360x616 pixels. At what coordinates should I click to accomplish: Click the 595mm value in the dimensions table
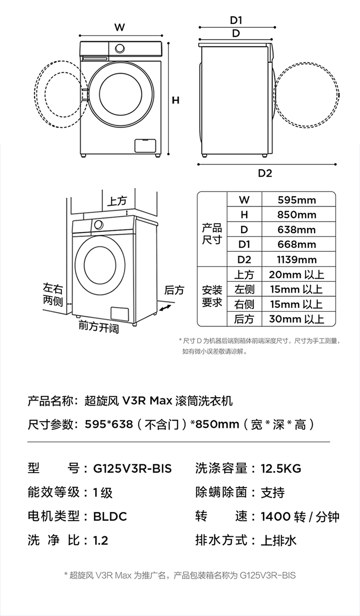pos(297,200)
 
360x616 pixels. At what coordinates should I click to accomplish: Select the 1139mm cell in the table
pos(297,260)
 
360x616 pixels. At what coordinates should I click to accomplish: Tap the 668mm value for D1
pos(297,245)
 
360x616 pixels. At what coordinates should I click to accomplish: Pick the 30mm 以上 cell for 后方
pos(297,319)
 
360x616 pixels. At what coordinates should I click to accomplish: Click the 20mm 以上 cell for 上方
pos(297,275)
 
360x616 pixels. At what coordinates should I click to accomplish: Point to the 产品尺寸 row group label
pos(212,234)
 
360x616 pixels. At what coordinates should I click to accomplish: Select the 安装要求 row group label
pos(212,296)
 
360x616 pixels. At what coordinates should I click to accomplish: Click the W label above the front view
pos(120,27)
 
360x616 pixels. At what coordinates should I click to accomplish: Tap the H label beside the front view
pos(176,100)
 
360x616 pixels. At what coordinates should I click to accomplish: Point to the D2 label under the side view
pos(265,173)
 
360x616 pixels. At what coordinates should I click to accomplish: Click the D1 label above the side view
pos(236,20)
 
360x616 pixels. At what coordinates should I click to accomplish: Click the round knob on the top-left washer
pos(120,48)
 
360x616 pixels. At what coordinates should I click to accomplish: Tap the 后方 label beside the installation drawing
pos(174,290)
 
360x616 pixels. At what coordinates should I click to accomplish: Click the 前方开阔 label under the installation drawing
pos(99,328)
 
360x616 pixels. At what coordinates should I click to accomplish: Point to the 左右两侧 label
pos(53,294)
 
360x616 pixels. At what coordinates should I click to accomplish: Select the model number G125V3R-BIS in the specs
pos(132,468)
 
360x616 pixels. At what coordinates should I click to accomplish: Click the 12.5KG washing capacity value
pos(281,468)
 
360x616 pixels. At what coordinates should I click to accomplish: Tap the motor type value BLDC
pos(110,516)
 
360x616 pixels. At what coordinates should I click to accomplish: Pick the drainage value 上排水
pos(279,541)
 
